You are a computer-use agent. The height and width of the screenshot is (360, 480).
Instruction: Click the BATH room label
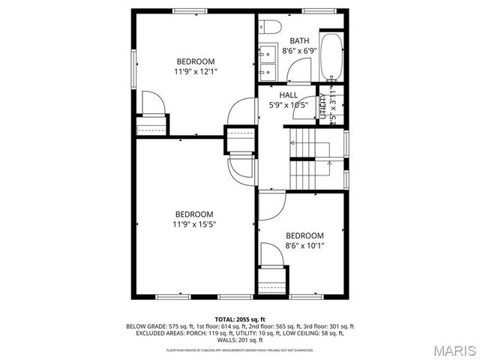coord(300,41)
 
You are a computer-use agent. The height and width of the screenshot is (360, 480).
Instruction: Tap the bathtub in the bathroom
coord(331,57)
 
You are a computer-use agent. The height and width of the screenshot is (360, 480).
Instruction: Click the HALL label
coord(289,95)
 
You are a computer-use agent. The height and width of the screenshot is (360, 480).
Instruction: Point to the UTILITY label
coord(323,106)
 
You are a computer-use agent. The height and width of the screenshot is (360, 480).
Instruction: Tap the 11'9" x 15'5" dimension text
coord(196,223)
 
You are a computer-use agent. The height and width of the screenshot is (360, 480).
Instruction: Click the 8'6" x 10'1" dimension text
coord(304,244)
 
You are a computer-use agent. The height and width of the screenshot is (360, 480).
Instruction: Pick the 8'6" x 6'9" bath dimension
coord(300,51)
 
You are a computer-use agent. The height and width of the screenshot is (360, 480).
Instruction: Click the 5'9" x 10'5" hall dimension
coord(289,105)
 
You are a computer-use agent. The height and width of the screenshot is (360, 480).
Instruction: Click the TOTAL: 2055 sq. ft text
coord(240,319)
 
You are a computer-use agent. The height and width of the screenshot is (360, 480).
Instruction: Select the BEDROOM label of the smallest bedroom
coord(304,235)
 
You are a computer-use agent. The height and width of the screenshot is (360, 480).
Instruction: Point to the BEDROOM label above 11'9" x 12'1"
coord(196,61)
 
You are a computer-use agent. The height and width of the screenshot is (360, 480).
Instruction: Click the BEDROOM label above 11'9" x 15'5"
coord(196,214)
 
